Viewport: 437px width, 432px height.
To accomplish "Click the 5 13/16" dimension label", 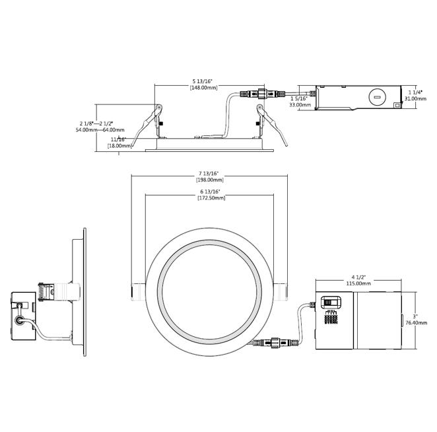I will [203, 81].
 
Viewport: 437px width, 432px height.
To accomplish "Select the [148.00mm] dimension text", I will [203, 88].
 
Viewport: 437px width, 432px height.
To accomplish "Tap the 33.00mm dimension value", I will [300, 104].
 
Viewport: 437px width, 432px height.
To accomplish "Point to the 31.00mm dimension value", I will [415, 98].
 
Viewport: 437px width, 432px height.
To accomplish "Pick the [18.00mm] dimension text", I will [118, 146].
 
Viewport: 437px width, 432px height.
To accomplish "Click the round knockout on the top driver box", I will [376, 98].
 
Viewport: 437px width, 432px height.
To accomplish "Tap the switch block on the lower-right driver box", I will [329, 303].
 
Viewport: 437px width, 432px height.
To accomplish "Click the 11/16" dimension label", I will [118, 139].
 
